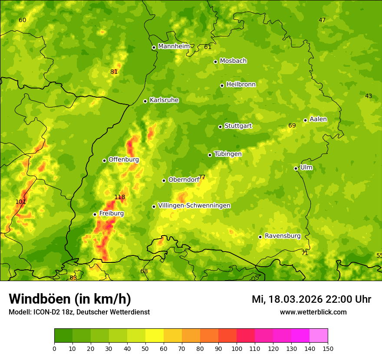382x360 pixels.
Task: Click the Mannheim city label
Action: pyautogui.click(x=174, y=46)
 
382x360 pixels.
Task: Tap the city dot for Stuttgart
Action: pyautogui.click(x=220, y=127)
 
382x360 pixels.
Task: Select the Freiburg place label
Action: pyautogui.click(x=111, y=213)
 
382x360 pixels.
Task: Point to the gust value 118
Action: pyautogui.click(x=119, y=197)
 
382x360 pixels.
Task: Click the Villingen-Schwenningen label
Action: pyautogui.click(x=194, y=206)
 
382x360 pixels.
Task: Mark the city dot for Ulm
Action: pyautogui.click(x=296, y=168)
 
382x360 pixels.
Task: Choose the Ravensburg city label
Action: pyautogui.click(x=282, y=236)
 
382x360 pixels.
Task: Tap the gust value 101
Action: pyautogui.click(x=20, y=202)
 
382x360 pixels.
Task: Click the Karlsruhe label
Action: pyautogui.click(x=164, y=100)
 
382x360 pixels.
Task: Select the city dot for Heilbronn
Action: pyautogui.click(x=222, y=85)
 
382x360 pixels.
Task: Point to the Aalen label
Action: pyautogui.click(x=318, y=119)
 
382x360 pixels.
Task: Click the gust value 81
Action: pyautogui.click(x=114, y=72)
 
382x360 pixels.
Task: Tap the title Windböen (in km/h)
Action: pyautogui.click(x=70, y=299)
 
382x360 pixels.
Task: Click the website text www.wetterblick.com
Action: pyautogui.click(x=313, y=312)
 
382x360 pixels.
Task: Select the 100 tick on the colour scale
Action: pyautogui.click(x=237, y=348)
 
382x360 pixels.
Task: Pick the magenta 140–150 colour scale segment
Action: pyautogui.click(x=319, y=336)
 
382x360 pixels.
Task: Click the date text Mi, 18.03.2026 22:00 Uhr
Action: pyautogui.click(x=311, y=299)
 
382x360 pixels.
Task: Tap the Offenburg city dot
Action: pyautogui.click(x=104, y=160)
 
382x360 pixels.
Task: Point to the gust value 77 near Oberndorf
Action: pyautogui.click(x=202, y=177)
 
